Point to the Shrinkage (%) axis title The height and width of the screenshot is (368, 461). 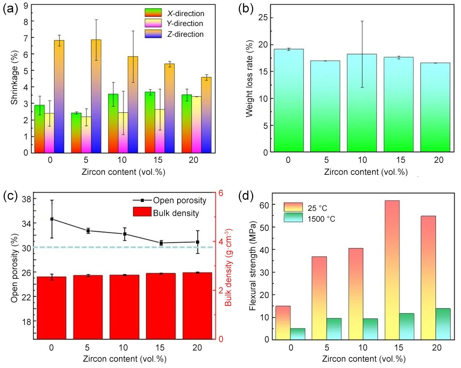[x=14, y=79]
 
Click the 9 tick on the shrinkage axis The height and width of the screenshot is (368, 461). [x=26, y=5]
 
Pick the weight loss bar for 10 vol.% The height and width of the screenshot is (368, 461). [x=362, y=103]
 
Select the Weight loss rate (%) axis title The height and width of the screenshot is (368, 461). [x=250, y=79]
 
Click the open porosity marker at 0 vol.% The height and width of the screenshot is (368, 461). [x=52, y=219]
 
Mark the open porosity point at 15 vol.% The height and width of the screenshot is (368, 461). [x=161, y=243]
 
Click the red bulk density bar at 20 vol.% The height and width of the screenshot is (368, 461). [x=197, y=305]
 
